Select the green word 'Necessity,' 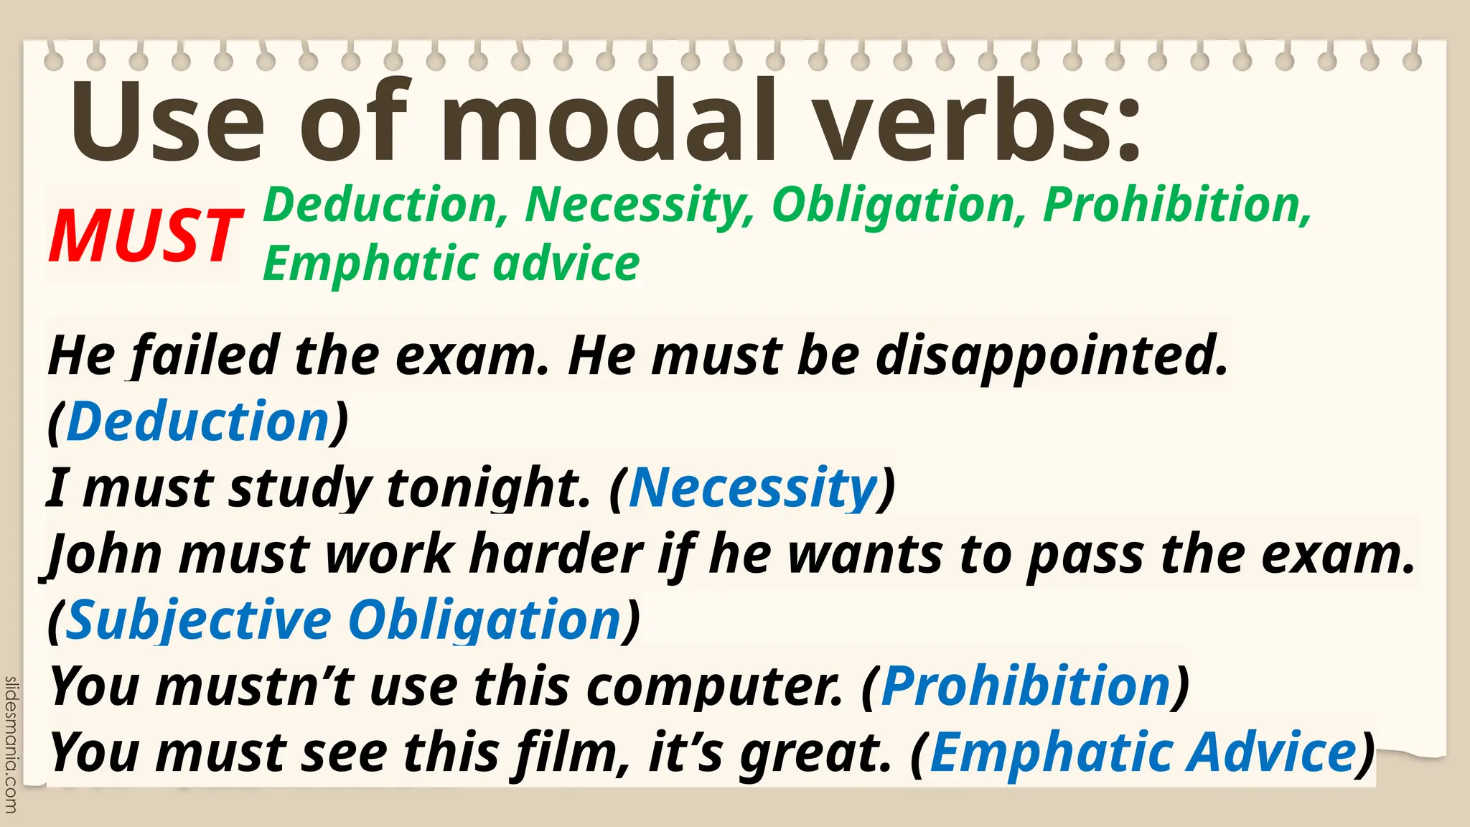pos(640,206)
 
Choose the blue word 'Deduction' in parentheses pos(198,421)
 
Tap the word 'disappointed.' pos(1052,356)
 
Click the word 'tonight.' pos(489,487)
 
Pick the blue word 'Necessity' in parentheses pos(754,487)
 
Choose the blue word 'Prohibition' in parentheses pos(1026,686)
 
